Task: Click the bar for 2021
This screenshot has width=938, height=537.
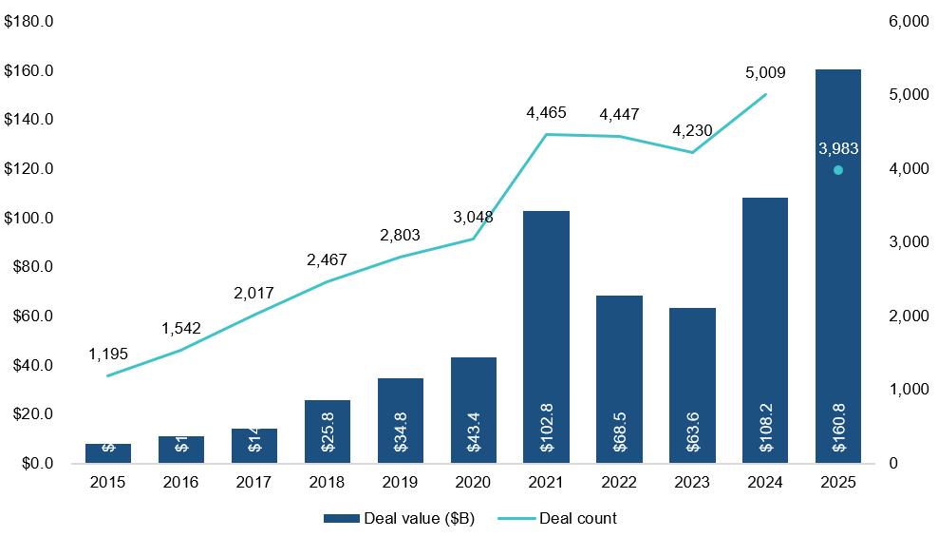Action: (x=546, y=336)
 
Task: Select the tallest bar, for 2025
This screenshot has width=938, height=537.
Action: (x=837, y=266)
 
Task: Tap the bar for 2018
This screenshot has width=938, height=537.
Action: (x=327, y=432)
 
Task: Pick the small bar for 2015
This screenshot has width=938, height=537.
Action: (x=108, y=453)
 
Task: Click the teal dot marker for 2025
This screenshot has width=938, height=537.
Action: (x=837, y=170)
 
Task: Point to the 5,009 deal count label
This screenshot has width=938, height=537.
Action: (x=765, y=72)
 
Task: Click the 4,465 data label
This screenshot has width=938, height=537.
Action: (x=546, y=113)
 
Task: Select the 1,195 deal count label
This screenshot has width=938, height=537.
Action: (x=108, y=354)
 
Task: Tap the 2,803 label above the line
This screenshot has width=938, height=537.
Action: (x=400, y=235)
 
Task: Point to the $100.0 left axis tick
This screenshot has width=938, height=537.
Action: (x=28, y=219)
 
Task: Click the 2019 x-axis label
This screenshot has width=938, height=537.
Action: (x=400, y=483)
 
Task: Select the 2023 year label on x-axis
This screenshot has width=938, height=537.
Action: (x=692, y=483)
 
